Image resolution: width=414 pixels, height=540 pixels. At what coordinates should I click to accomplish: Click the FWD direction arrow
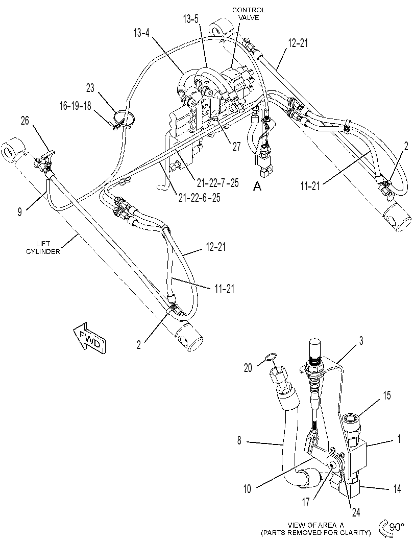point(89,338)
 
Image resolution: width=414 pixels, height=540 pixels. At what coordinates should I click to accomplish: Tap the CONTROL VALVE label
point(249,14)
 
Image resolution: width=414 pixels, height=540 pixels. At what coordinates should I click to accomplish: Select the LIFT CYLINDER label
point(43,248)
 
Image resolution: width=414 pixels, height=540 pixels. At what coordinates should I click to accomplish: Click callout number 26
point(25,121)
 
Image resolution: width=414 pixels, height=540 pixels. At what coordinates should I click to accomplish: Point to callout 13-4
point(142,33)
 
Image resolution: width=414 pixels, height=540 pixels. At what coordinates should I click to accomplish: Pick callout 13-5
point(190,19)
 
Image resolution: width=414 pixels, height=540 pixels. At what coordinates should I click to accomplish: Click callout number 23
point(90,88)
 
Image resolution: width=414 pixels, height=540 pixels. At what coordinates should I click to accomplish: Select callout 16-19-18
point(76,106)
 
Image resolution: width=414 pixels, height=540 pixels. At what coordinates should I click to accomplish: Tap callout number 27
point(237,146)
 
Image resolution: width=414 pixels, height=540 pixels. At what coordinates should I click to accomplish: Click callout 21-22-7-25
point(218,182)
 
